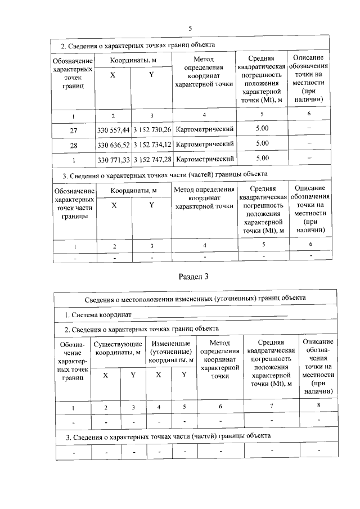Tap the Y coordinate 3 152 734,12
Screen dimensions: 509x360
click(152, 145)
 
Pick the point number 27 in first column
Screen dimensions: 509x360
click(73, 129)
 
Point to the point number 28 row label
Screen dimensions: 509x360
click(73, 145)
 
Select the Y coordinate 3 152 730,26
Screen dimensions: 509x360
click(152, 129)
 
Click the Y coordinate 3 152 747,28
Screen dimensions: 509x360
click(152, 160)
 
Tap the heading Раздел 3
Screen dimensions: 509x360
click(193, 276)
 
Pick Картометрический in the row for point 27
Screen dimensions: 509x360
click(205, 129)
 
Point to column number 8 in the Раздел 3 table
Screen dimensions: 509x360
click(318, 406)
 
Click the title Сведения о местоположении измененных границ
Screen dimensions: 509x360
click(196, 298)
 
